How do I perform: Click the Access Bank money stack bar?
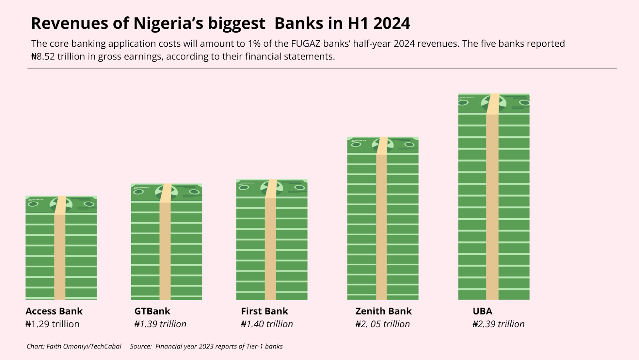point(61,248)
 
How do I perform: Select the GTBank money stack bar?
point(167,242)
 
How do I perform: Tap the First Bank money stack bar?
point(272,240)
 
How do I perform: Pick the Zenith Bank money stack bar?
point(383,218)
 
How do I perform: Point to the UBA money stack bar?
point(494,197)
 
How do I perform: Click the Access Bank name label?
point(54,311)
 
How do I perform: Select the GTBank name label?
point(152,311)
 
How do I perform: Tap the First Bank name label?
point(264,311)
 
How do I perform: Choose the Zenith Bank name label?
point(383,311)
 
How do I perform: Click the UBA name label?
point(482,311)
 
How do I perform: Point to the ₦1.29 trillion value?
point(52,324)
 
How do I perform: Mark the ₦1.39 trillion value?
point(160,324)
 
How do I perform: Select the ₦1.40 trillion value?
point(267,324)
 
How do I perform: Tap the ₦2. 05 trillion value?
point(383,324)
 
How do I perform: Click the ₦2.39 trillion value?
point(498,324)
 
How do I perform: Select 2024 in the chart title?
point(391,24)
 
